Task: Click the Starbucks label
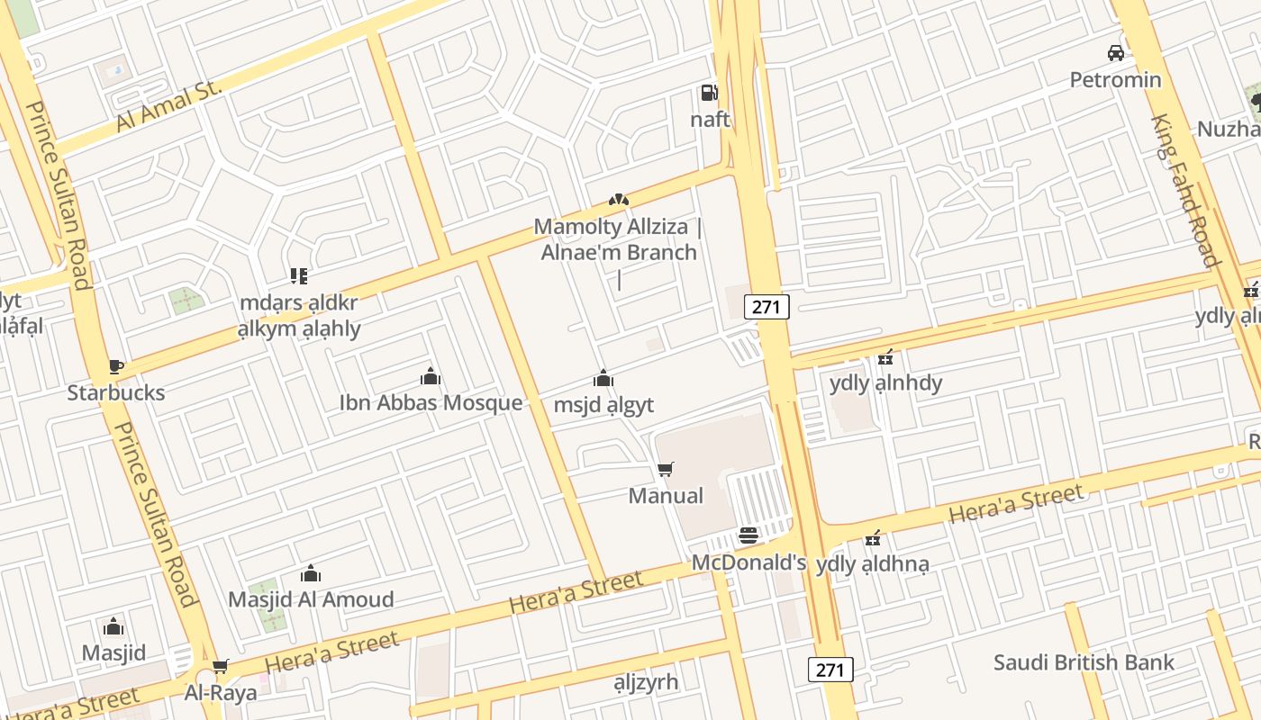[116, 392]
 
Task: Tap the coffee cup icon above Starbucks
[115, 366]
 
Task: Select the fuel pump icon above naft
[709, 92]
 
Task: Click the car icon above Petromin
[1116, 53]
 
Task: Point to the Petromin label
[1115, 80]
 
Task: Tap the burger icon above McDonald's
[748, 536]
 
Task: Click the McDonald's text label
[748, 563]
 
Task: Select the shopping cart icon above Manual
[666, 469]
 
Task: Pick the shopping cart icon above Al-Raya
[221, 667]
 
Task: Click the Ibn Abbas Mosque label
[431, 402]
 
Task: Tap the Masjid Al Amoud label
[311, 599]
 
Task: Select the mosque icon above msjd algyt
[603, 379]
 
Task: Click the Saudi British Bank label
[1084, 663]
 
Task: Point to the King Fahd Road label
[1184, 190]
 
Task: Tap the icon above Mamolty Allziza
[618, 199]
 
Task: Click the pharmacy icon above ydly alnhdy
[886, 357]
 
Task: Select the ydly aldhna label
[872, 565]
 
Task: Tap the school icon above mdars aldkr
[299, 276]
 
